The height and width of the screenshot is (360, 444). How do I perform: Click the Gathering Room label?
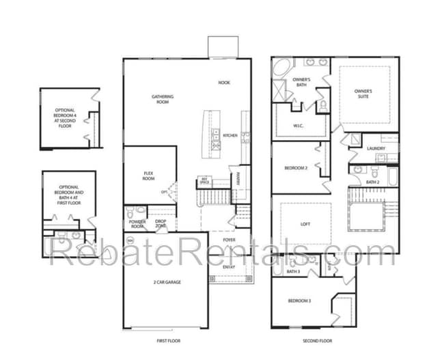(x=162, y=99)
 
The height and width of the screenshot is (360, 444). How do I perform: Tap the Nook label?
(x=224, y=83)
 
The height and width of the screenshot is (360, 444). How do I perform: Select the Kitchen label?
(x=230, y=135)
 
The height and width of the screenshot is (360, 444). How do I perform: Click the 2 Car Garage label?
(x=166, y=281)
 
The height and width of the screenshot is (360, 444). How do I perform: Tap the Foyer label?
(x=230, y=240)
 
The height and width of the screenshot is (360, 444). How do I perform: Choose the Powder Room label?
(x=137, y=224)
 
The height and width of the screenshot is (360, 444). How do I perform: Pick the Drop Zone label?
(x=161, y=224)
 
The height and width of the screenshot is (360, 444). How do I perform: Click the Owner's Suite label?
(x=363, y=94)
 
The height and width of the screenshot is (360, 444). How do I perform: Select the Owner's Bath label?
(x=302, y=83)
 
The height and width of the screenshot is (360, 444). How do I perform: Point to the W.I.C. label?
(x=298, y=126)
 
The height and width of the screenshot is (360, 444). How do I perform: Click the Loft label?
(x=305, y=223)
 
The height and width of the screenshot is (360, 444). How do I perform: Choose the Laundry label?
(x=376, y=149)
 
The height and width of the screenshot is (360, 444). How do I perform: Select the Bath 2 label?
(x=372, y=182)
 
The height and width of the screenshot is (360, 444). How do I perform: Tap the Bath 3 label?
(x=293, y=273)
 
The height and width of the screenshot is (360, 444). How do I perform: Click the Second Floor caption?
(x=317, y=340)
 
